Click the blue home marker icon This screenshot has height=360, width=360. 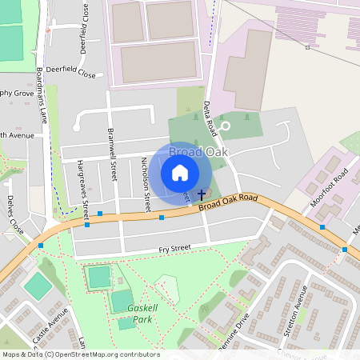pos(180,173)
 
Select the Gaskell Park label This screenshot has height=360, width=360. pos(145,312)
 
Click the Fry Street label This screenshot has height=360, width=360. pos(174,249)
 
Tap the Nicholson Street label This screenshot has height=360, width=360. pos(146,183)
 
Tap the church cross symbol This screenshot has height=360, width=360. pos(201,194)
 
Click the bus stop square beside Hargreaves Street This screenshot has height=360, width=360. pos(100,214)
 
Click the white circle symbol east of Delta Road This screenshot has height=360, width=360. pos(225,126)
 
